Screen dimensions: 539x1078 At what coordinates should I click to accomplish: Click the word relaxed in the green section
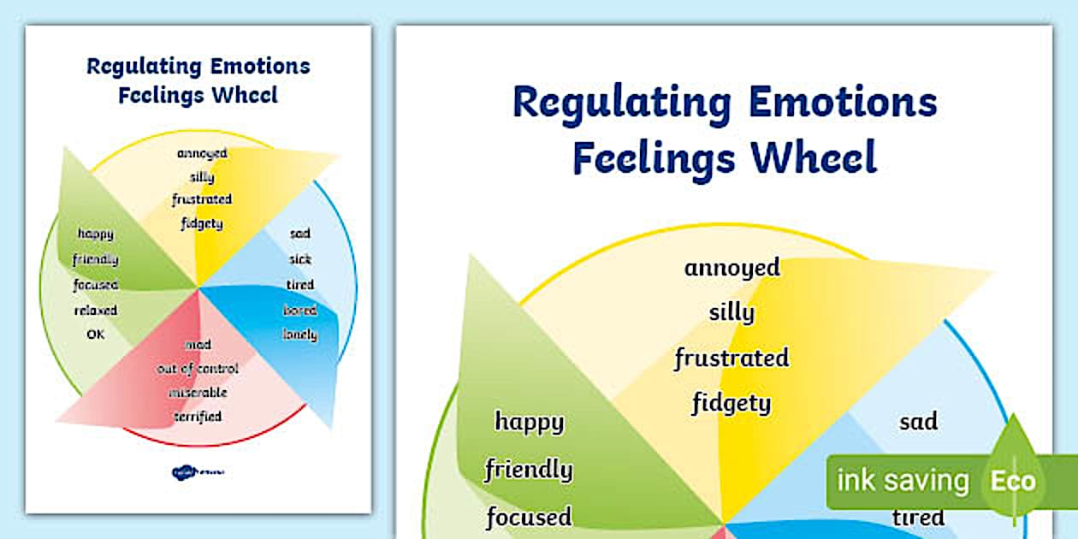coord(95,310)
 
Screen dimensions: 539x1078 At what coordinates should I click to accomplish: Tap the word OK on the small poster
coord(95,335)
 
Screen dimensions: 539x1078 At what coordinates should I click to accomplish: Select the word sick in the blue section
coord(300,258)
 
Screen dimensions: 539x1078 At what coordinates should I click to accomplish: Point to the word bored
coord(300,310)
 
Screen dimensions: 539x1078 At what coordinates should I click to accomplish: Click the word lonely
coord(300,335)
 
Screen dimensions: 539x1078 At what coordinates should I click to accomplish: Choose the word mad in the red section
coord(198,344)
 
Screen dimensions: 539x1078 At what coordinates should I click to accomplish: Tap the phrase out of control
coord(198,369)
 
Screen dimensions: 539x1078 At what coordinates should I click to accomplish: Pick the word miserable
coord(198,393)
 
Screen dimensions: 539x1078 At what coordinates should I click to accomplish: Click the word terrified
coord(198,417)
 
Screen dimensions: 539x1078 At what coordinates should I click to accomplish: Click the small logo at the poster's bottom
coord(196,471)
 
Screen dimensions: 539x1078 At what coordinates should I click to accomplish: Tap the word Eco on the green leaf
coord(1013,481)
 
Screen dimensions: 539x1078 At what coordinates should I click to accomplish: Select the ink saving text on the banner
coord(903,481)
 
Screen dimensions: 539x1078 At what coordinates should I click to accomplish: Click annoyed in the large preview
coord(731,267)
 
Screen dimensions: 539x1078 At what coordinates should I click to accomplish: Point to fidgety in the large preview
coord(731,402)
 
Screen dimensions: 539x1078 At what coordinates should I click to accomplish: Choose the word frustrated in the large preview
coord(731,358)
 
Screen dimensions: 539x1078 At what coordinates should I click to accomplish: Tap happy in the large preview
coord(530,421)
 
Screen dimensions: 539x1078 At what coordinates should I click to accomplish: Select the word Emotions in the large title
coord(842,103)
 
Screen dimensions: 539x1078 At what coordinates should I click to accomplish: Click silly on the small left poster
coord(202,178)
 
